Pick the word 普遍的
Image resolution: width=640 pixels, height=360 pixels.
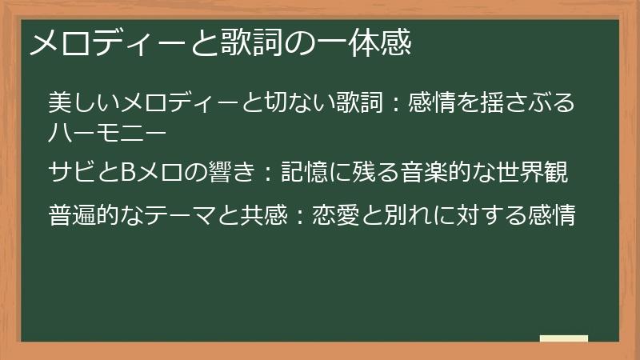[x=83, y=215]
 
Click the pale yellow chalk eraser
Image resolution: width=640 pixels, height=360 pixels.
[x=563, y=338]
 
